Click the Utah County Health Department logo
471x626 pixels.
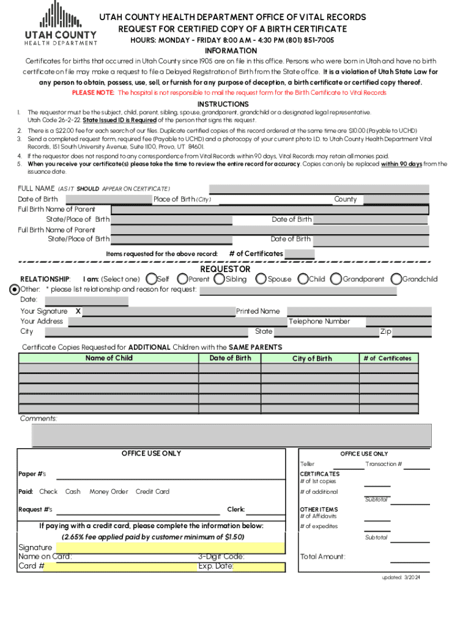pyautogui.click(x=61, y=24)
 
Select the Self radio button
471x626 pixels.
pyautogui.click(x=152, y=279)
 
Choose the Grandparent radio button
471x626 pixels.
pyautogui.click(x=336, y=279)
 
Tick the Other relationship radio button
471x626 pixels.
pyautogui.click(x=15, y=289)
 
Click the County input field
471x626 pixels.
pyautogui.click(x=396, y=199)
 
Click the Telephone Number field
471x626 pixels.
pyautogui.click(x=398, y=322)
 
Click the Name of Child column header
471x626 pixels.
pyautogui.click(x=108, y=358)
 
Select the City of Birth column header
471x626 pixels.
pyautogui.click(x=312, y=359)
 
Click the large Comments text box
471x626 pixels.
pyautogui.click(x=231, y=435)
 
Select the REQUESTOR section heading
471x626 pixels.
pyautogui.click(x=225, y=269)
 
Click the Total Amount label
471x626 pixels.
pyautogui.click(x=322, y=556)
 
